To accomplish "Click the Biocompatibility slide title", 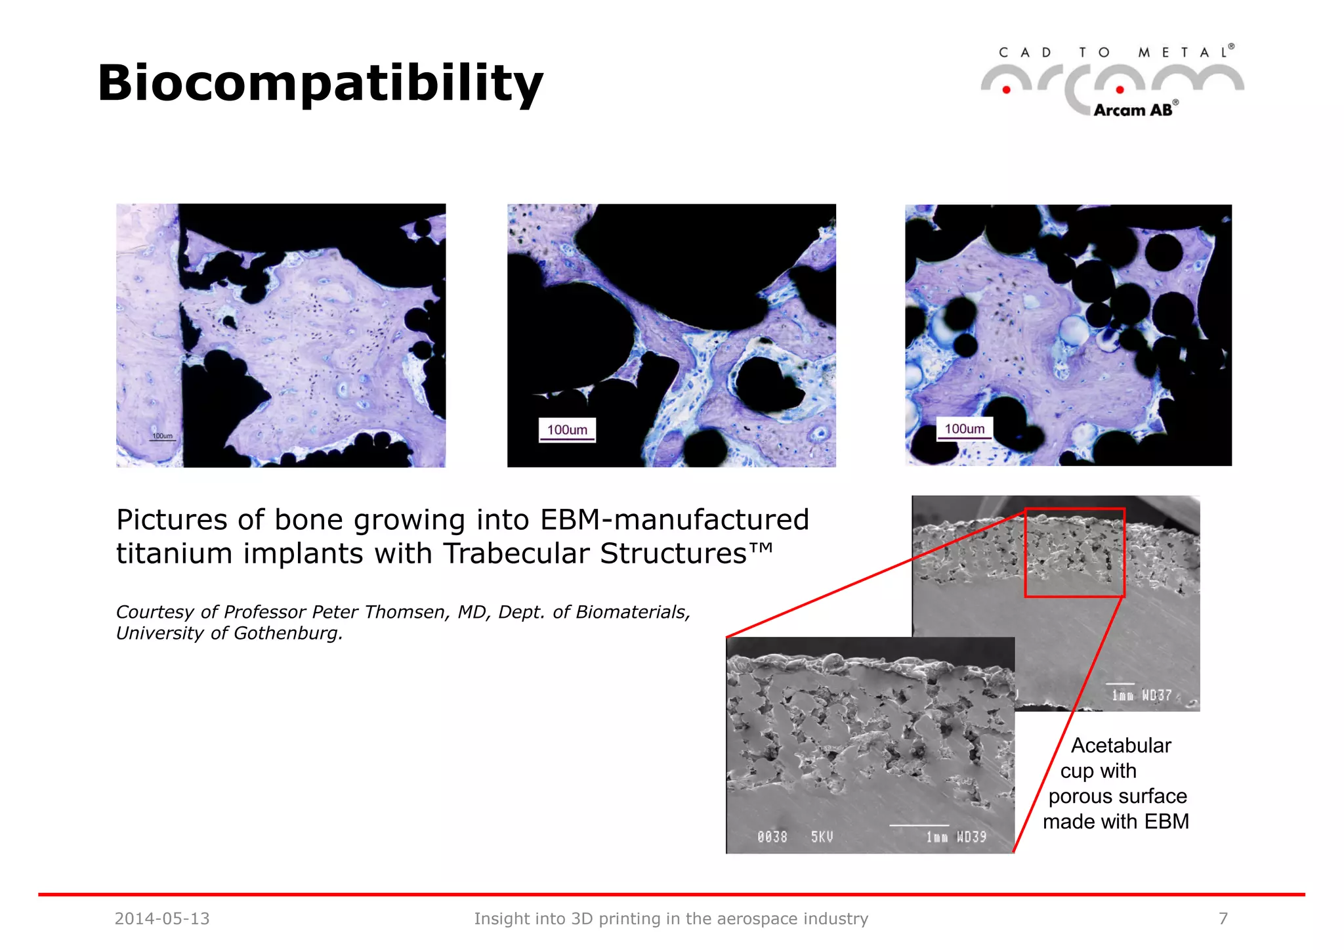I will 320,83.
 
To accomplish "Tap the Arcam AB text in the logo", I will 1133,110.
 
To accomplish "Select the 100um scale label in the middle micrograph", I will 567,430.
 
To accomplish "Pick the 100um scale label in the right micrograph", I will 964,429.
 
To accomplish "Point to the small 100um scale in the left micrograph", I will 162,436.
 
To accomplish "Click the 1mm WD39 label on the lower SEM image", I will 955,837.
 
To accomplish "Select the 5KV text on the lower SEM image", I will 822,837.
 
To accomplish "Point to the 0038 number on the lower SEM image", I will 772,837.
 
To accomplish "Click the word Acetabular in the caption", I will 1121,746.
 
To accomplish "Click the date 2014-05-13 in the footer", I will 162,918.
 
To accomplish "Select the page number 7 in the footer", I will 1223,918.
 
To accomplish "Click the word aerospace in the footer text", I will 752,918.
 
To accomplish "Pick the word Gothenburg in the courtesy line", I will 287,634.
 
